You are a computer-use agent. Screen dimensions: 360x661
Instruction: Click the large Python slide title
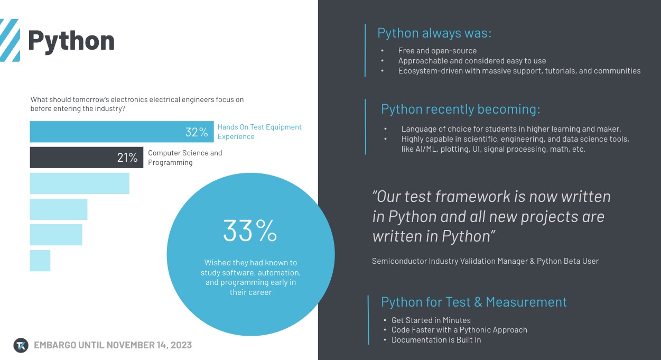point(71,41)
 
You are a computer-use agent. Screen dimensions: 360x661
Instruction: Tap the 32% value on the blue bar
point(197,132)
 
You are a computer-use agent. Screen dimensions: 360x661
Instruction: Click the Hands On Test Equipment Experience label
point(259,132)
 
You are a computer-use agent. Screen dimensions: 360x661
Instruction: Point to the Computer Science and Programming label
point(185,158)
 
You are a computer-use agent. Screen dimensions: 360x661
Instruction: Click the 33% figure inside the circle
point(250,230)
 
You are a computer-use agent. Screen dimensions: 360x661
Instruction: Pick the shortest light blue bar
point(40,261)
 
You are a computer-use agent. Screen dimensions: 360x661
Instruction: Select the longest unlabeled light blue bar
point(79,183)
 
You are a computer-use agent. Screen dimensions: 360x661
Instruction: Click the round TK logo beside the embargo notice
point(21,345)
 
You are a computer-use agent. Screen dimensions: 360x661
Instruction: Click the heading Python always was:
point(434,33)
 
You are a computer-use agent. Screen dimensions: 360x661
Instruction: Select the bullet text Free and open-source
point(437,51)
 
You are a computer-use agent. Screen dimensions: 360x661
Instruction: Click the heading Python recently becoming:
point(460,109)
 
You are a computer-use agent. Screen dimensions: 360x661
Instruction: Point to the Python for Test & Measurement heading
point(473,302)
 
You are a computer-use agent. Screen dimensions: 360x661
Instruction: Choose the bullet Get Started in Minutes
point(431,320)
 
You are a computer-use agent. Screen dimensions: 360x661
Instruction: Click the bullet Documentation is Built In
point(436,340)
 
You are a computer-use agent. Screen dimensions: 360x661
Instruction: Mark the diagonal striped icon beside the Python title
point(10,40)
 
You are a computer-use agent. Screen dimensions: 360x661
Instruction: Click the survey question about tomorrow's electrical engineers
point(137,104)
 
